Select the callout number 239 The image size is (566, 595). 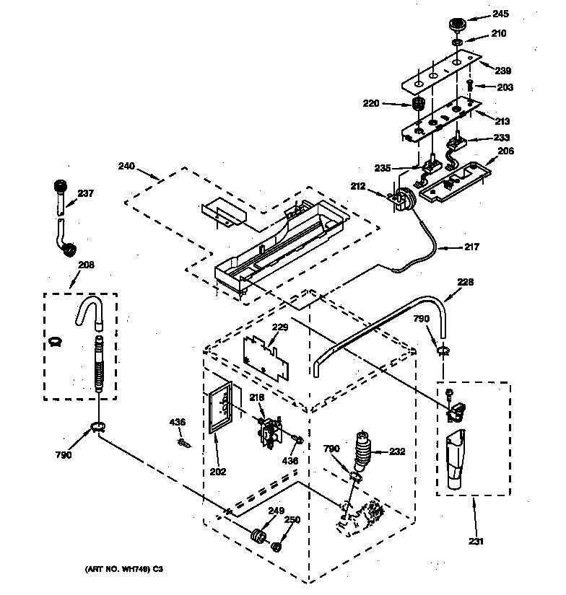tap(502, 71)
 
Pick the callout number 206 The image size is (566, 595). tap(506, 151)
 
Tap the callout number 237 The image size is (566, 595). tap(86, 193)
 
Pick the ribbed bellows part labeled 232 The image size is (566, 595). tap(364, 451)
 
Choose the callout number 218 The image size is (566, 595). tap(257, 397)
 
